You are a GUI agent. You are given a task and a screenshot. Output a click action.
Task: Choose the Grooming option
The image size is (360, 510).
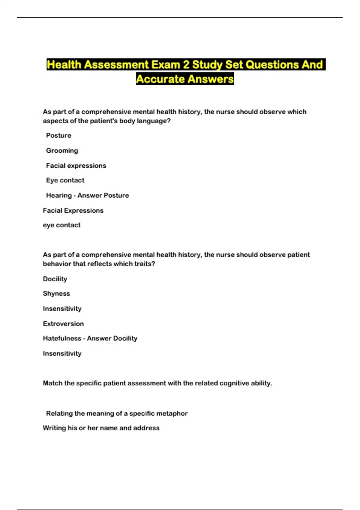[62, 151]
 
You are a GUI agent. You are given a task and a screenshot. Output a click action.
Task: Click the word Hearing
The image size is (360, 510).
[59, 195]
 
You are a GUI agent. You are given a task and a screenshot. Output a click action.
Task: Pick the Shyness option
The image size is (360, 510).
[56, 293]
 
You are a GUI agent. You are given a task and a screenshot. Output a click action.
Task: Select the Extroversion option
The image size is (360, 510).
[63, 324]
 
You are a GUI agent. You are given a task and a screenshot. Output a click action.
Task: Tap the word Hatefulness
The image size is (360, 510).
[62, 338]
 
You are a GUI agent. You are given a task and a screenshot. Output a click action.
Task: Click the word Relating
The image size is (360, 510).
[59, 413]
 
